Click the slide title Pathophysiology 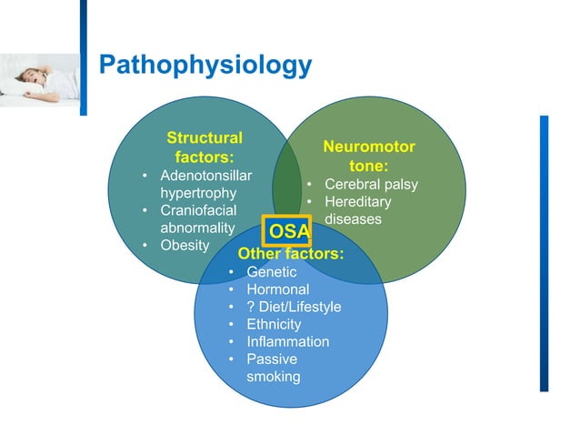pos(205,66)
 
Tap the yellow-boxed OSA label pos(287,229)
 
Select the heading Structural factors pos(205,147)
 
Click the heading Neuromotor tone pos(369,157)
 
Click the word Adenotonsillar pos(206,176)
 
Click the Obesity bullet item pos(185,246)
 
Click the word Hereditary pos(358,202)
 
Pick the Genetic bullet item pos(271,272)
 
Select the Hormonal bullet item pos(276,289)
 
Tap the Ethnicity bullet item pos(275,324)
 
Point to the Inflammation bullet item pos(287,341)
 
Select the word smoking pos(273,376)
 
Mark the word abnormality pos(197,228)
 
